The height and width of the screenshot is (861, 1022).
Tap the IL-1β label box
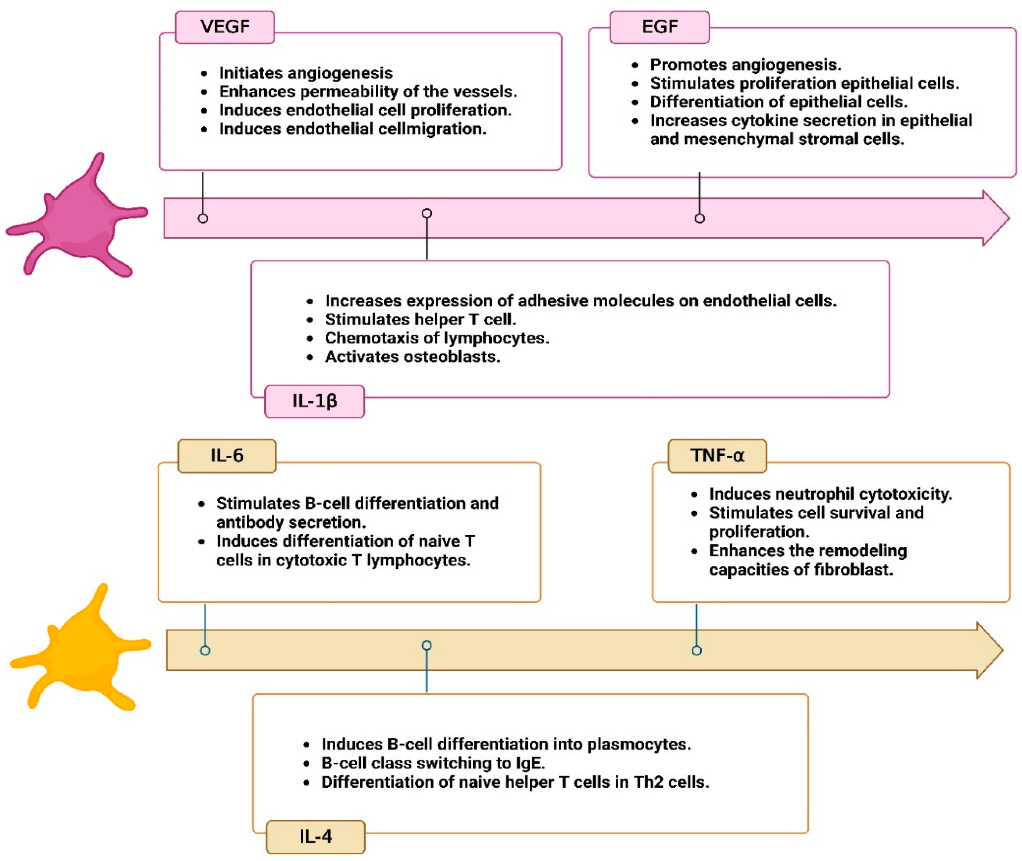pos(314,401)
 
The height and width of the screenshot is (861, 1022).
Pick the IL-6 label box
pos(227,456)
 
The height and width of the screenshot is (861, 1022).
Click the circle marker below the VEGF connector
pos(203,218)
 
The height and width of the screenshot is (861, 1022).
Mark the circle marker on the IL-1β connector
pos(427,213)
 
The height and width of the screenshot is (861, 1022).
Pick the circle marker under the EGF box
pos(699,218)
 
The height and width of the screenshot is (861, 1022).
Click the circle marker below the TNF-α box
pos(697,650)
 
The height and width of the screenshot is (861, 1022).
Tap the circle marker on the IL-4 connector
pos(427,646)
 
